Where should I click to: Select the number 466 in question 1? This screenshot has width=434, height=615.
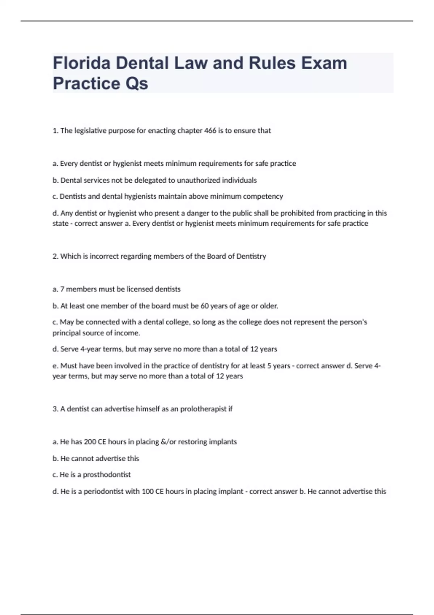[210, 131]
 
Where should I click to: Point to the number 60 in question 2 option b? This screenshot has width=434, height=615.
[205, 306]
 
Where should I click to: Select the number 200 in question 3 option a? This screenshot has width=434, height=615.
[90, 442]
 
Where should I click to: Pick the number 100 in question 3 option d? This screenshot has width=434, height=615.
[148, 491]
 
